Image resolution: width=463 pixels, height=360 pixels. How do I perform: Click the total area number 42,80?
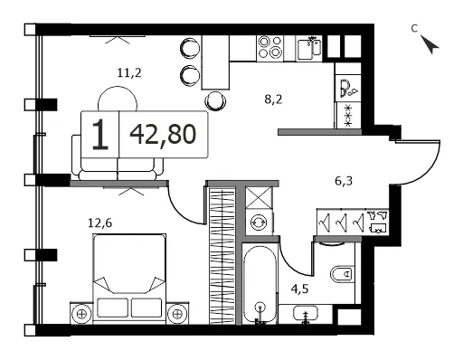163,135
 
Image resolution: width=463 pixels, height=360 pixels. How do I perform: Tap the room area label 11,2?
129,73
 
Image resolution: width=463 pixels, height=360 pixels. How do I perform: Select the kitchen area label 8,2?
273,99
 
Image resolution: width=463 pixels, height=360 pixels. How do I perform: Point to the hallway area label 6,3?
344,181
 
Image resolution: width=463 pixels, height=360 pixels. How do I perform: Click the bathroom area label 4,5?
299,289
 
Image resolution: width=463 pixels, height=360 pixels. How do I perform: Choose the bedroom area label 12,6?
100,223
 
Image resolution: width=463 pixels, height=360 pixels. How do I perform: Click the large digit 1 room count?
100,135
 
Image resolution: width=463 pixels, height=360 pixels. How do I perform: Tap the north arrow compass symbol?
430,44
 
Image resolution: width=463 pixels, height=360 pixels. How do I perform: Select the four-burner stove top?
270,48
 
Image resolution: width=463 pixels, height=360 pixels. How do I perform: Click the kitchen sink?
309,49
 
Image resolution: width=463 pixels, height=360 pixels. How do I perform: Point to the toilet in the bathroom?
343,274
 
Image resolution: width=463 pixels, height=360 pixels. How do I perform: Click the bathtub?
260,285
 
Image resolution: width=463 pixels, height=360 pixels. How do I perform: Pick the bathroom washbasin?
306,314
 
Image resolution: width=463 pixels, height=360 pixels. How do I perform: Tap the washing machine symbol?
259,223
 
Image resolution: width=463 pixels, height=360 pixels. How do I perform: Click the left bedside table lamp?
81,314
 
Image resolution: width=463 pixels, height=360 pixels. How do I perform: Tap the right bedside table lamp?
177,314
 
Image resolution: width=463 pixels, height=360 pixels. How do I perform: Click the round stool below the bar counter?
215,100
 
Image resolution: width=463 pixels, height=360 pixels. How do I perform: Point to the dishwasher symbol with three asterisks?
348,116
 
